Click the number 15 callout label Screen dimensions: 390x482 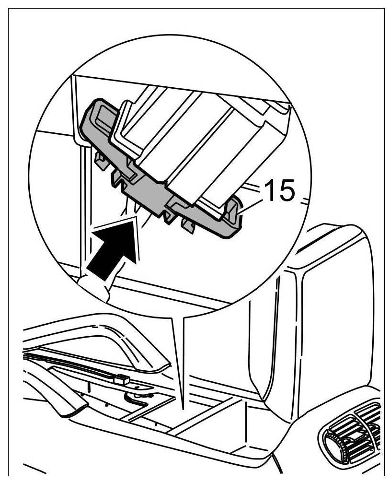point(279,191)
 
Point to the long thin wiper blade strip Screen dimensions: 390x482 point(72,365)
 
